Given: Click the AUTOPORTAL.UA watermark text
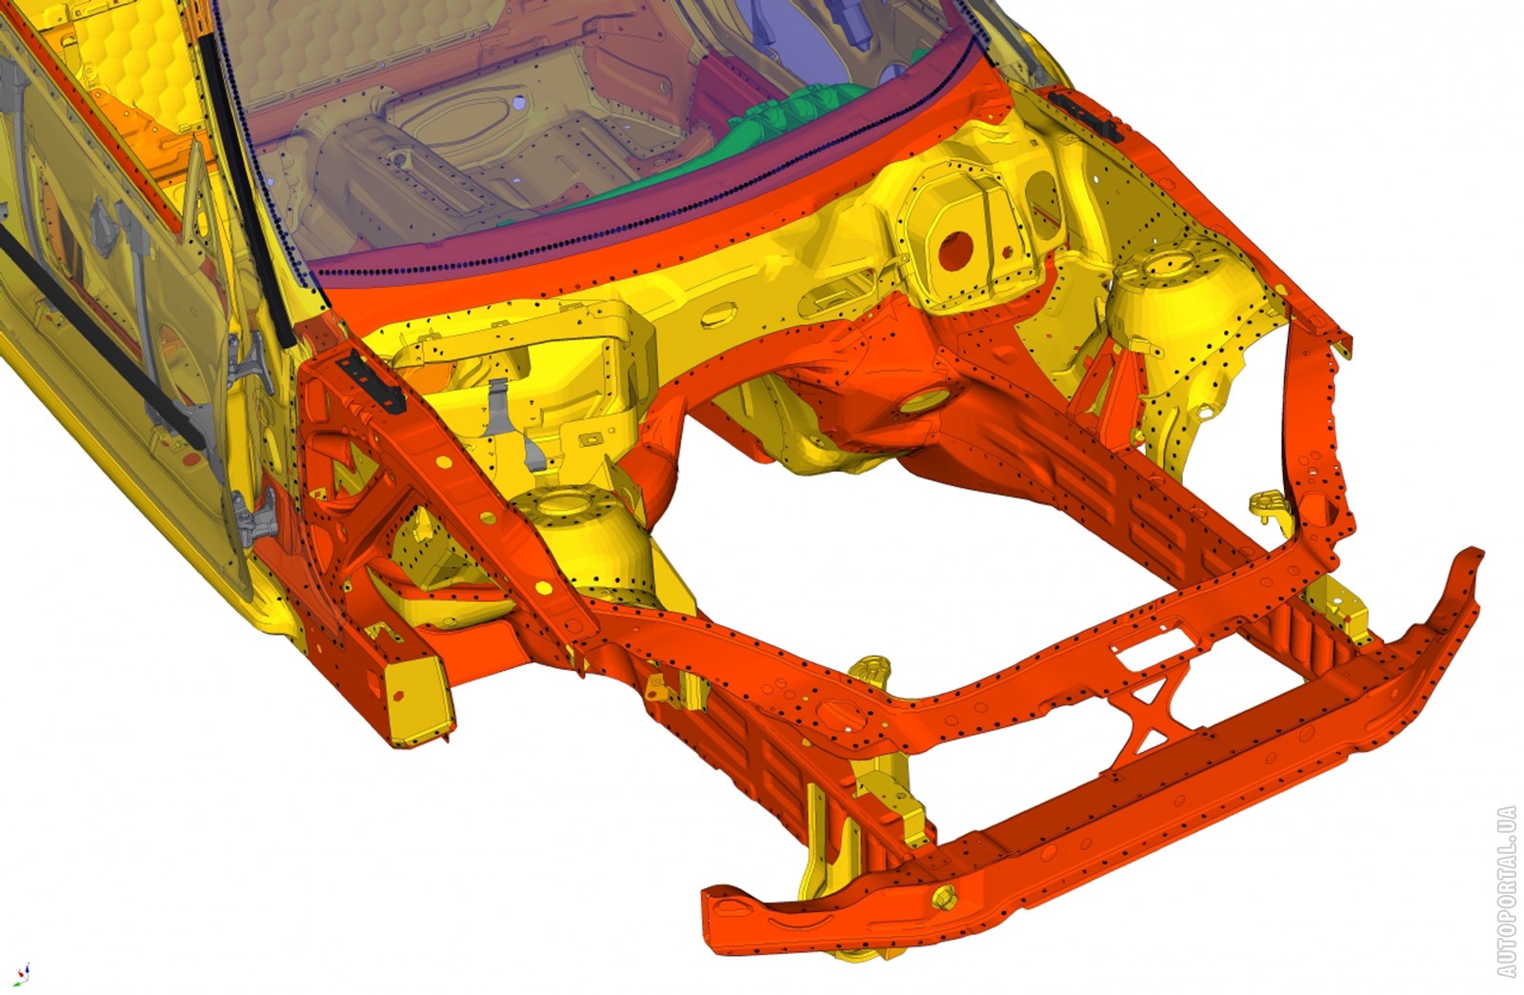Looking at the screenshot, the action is tap(1506, 891).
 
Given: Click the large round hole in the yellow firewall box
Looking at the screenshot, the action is tap(956, 249).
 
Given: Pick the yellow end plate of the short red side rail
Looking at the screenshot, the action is tap(416, 701).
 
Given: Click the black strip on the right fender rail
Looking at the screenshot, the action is tap(1085, 115).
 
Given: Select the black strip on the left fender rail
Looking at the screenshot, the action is tap(371, 383).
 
